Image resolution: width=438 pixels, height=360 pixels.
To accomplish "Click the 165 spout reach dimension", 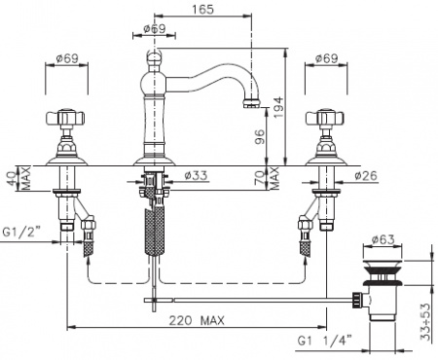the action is tap(202, 9).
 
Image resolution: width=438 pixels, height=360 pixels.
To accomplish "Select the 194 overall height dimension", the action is tap(278, 107).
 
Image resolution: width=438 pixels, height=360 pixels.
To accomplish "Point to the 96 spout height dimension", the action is tap(260, 136).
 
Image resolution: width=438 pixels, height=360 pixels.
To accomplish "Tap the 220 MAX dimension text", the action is tap(197, 321).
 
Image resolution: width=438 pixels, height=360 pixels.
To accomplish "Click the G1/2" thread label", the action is tap(21, 232).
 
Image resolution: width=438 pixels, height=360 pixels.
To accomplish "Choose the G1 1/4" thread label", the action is tap(324, 341).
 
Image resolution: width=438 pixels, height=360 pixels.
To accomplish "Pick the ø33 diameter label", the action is tap(196, 175).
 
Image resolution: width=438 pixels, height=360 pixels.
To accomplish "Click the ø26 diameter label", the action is tap(366, 175).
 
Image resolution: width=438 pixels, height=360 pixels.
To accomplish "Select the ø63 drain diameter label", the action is tap(383, 239).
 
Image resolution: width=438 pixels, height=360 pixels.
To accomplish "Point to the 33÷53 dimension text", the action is tap(425, 322).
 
